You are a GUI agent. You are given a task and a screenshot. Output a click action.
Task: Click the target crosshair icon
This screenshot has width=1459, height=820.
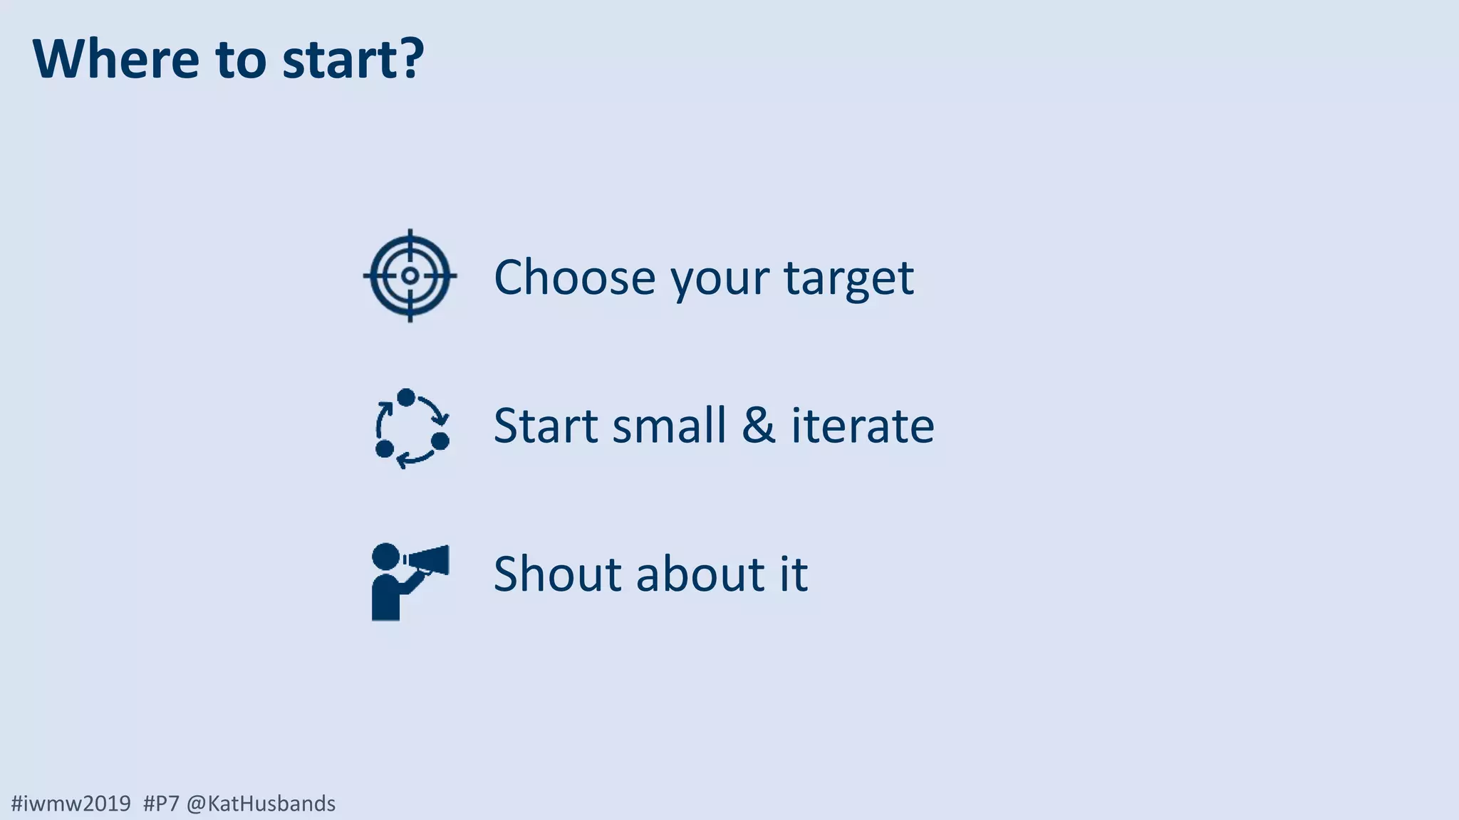point(410,275)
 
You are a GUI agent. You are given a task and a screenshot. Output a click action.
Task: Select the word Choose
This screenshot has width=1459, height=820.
point(574,278)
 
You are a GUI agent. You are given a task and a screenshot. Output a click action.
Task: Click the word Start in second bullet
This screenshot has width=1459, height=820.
point(546,426)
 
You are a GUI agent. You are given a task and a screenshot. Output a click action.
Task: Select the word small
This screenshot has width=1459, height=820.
point(669,426)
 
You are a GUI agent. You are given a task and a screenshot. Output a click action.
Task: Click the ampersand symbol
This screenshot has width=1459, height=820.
point(758,426)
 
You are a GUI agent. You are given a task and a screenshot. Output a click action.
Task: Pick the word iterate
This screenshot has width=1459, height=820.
point(863,426)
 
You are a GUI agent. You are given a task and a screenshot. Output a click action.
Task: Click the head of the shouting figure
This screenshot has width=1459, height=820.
point(386,557)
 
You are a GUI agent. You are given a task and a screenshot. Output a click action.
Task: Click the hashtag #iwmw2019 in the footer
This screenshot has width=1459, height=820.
point(71,804)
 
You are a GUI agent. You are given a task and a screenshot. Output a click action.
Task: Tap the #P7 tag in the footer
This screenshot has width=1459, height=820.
point(161,804)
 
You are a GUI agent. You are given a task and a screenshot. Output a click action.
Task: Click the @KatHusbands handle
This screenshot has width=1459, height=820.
point(261,804)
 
